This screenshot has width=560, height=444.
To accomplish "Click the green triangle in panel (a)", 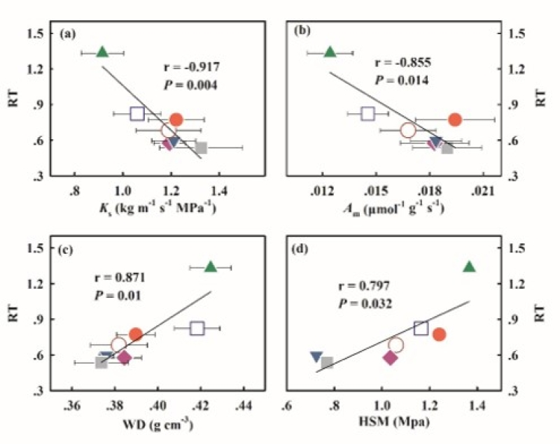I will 102,52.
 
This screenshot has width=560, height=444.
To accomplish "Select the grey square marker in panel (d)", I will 327,363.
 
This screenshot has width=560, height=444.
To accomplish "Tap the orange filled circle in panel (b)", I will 455,120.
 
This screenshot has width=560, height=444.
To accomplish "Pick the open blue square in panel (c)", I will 197,328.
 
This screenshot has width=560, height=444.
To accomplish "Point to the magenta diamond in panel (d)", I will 391,357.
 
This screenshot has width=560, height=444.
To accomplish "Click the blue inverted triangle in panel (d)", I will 316,357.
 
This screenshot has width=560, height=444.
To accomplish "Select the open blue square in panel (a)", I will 137,114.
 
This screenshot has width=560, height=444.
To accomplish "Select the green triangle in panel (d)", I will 469,266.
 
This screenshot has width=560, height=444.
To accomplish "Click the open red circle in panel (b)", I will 408,130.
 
